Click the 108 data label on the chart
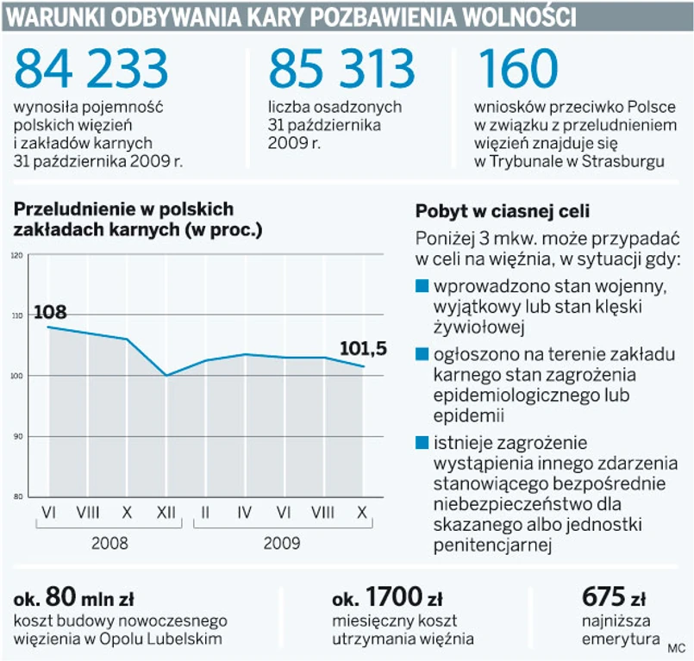click(50, 313)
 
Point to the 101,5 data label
click(363, 349)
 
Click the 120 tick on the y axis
click(16, 256)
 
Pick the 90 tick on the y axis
click(16, 437)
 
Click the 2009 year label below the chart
click(282, 543)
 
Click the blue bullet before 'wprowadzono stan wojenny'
click(422, 285)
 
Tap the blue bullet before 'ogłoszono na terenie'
click(422, 354)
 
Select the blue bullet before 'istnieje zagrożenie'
click(422, 443)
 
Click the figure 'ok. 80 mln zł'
click(73, 596)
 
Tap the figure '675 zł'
click(614, 596)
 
